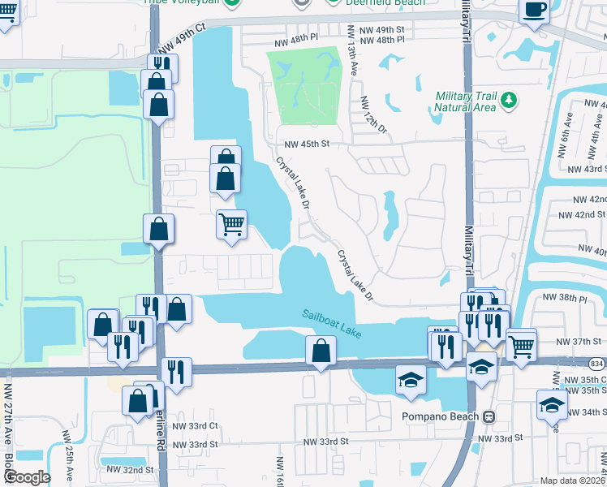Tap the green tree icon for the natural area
tap(509, 100)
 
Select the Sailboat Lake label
tap(331, 323)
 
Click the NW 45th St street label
tap(306, 144)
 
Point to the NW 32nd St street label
tap(127, 470)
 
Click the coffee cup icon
tap(535, 10)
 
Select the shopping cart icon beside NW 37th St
tap(521, 346)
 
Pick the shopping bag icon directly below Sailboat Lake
tap(321, 351)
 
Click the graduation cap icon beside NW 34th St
tap(552, 404)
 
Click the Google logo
tap(26, 476)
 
